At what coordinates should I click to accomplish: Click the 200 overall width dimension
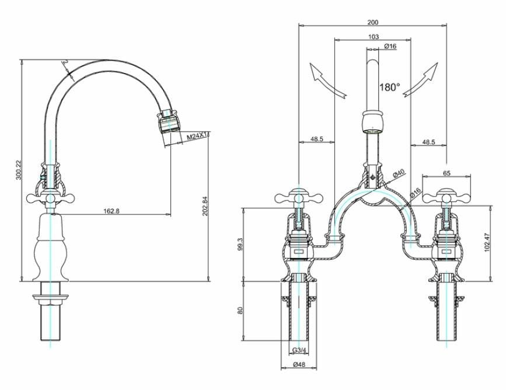point(372,22)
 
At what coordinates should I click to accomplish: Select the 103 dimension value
point(374,37)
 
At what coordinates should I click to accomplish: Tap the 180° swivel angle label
point(390,88)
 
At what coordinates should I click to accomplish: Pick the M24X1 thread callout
point(198,136)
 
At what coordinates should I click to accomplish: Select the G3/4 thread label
point(298,351)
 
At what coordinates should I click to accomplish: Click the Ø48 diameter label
point(298,366)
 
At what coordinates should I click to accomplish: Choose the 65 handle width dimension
point(446,173)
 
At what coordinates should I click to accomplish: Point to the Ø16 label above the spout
point(391,46)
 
